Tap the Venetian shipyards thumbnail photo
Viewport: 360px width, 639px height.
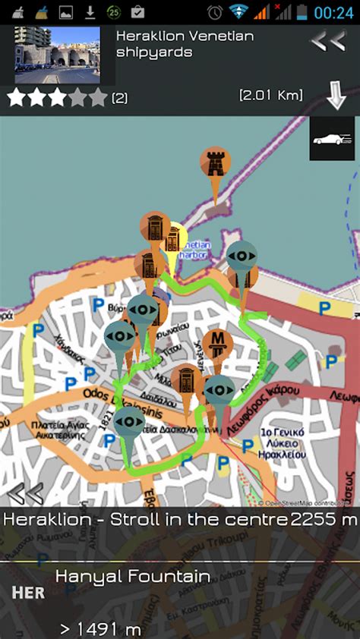(58, 55)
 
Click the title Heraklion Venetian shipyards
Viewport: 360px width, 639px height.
(185, 44)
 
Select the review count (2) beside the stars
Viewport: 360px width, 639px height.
(120, 97)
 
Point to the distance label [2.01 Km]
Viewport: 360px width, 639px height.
(270, 95)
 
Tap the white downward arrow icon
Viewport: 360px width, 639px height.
(336, 96)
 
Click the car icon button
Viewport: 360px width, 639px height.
(332, 139)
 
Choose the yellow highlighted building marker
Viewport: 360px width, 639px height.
(174, 239)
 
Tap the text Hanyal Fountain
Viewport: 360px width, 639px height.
(132, 576)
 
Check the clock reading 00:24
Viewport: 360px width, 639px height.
(334, 12)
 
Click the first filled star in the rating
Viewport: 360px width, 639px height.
(17, 97)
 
